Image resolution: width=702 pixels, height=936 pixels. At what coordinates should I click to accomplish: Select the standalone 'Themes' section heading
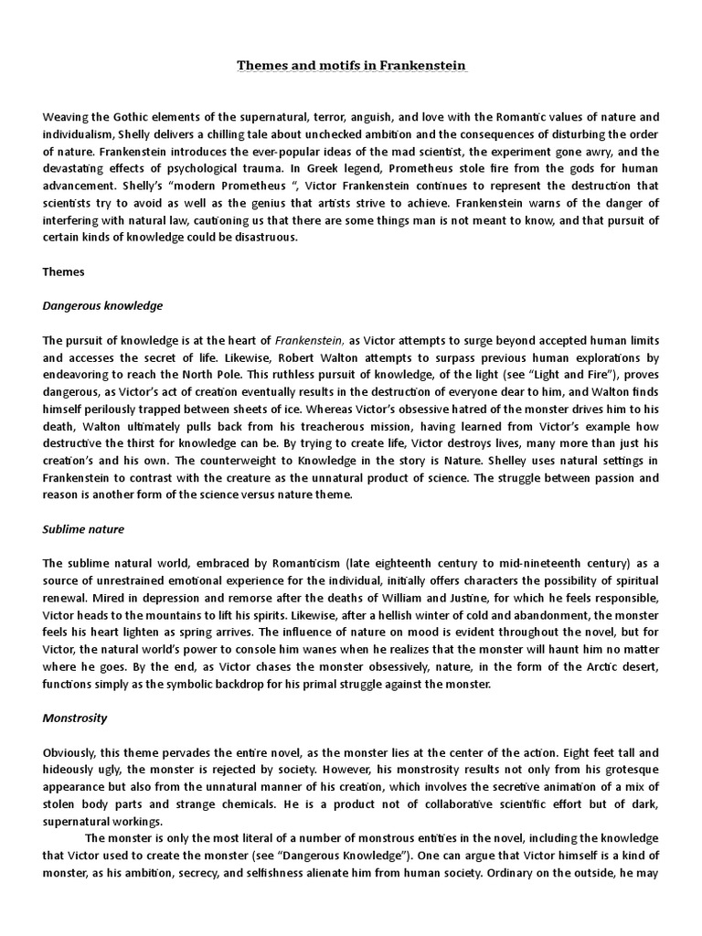[63, 271]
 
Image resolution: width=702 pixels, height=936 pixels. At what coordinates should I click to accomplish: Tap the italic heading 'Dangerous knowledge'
[102, 305]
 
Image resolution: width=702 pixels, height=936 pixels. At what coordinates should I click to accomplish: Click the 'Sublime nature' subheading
[83, 529]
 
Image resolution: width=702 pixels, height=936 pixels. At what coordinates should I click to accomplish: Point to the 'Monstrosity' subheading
[75, 718]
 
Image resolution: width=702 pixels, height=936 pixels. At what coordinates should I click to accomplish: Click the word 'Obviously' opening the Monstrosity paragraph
[72, 752]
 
